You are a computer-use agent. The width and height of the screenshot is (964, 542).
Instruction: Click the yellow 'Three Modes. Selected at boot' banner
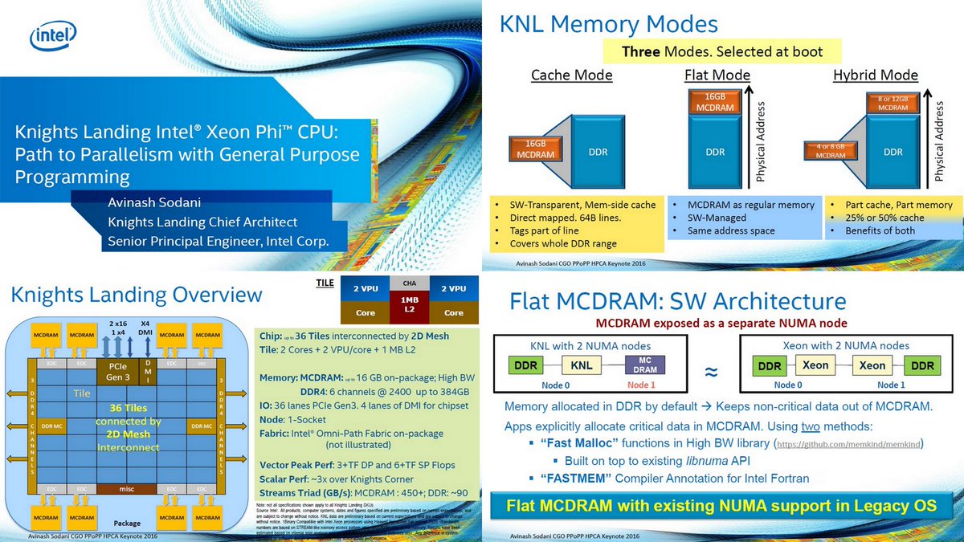pyautogui.click(x=723, y=51)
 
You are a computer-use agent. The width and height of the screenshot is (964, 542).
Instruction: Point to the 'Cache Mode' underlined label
pyautogui.click(x=571, y=75)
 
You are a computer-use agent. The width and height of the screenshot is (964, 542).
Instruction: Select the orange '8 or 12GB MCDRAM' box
pyautogui.click(x=893, y=102)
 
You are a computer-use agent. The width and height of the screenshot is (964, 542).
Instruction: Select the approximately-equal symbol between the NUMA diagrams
pyautogui.click(x=711, y=372)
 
